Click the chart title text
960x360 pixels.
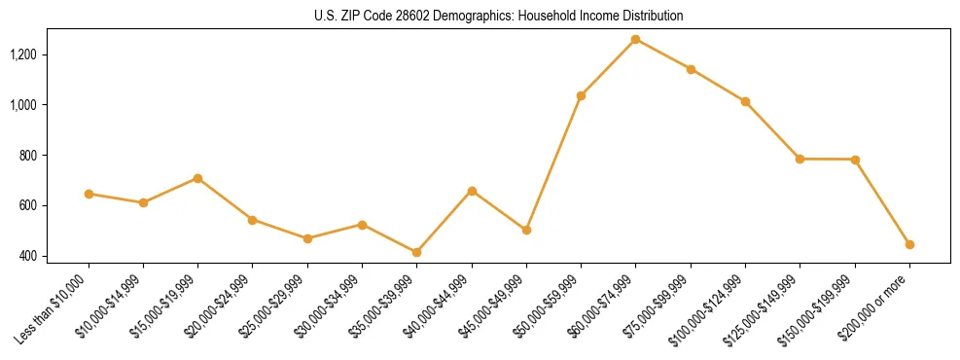point(499,17)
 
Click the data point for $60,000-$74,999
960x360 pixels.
point(636,39)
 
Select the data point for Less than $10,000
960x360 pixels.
point(89,194)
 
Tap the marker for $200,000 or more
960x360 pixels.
point(909,244)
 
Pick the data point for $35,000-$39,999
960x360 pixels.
point(417,252)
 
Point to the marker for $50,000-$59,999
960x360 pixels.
point(581,95)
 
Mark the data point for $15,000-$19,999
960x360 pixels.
point(198,178)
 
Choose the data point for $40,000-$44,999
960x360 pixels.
point(472,191)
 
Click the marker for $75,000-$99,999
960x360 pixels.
point(691,69)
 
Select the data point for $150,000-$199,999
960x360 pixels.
point(855,160)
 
